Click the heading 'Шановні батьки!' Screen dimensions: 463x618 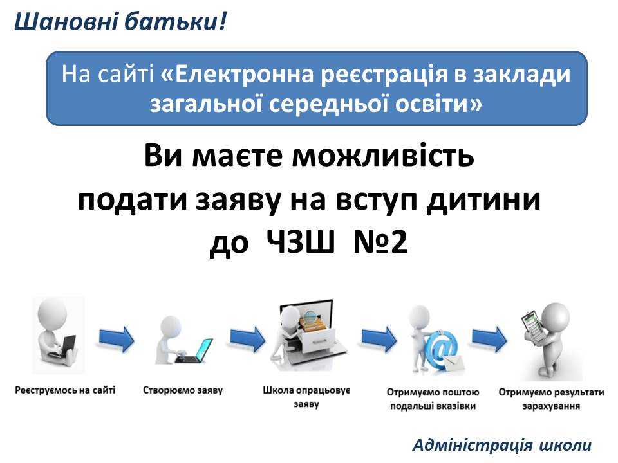(120, 23)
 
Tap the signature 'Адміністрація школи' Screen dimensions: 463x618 (501, 444)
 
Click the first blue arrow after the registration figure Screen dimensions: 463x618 (117, 337)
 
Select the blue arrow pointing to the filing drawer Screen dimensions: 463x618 (247, 337)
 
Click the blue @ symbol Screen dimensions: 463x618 (442, 350)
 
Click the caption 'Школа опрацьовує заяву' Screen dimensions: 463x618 (306, 397)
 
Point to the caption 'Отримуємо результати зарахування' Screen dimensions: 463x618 (552, 399)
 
